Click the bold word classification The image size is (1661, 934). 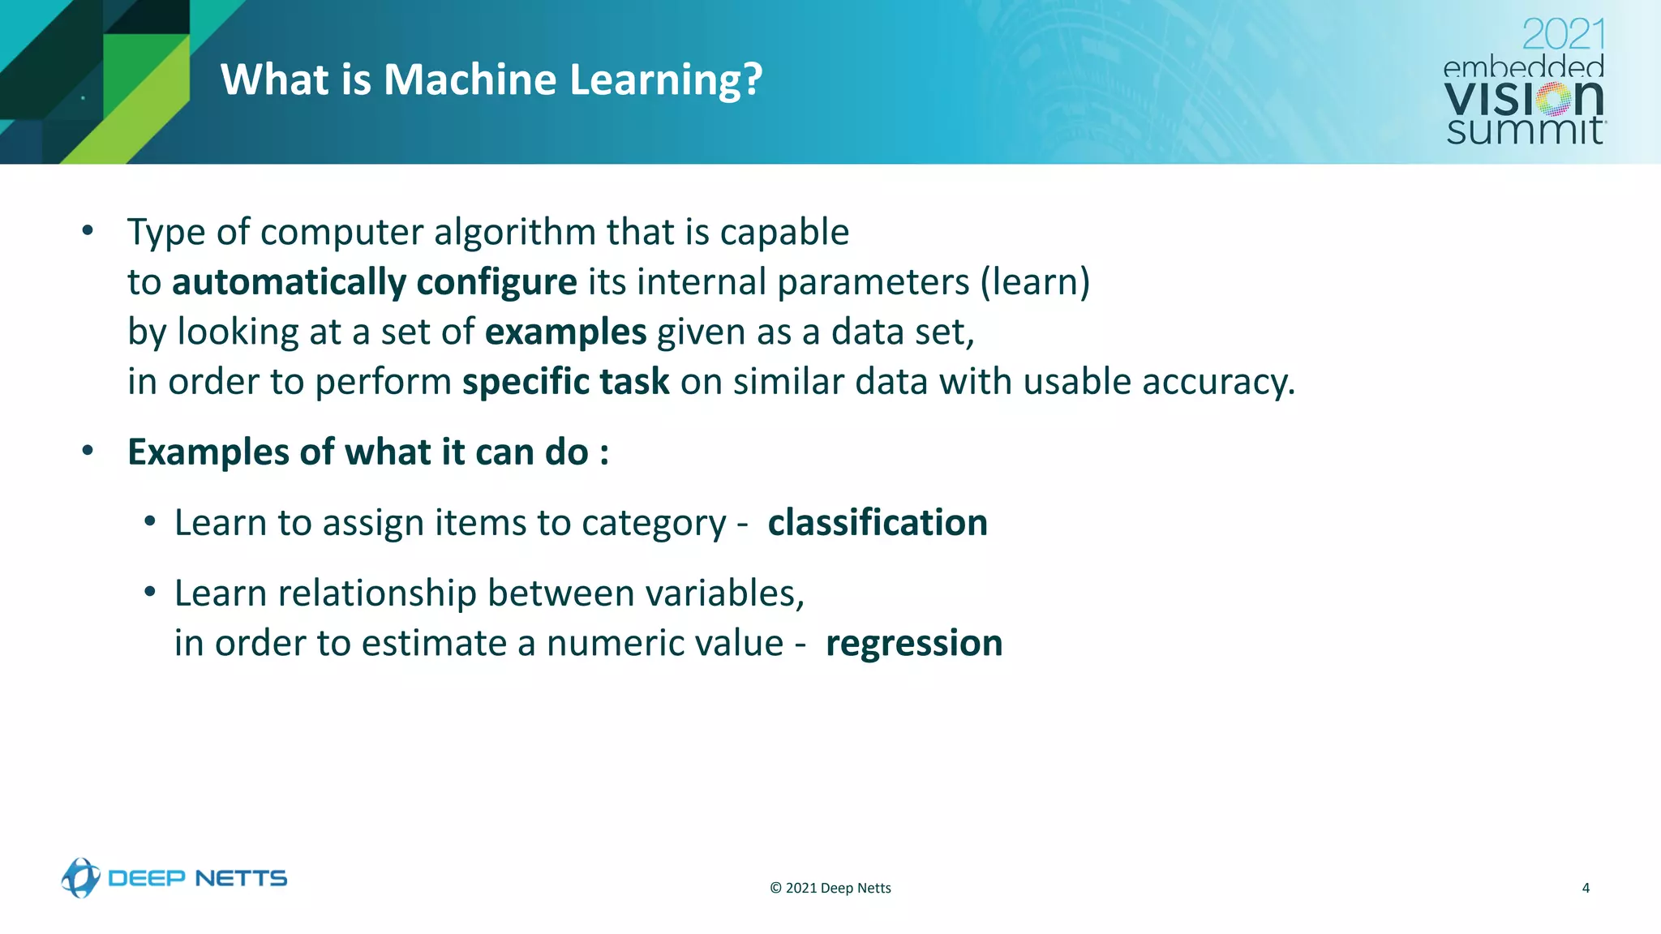[x=878, y=523]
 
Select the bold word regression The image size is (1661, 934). [x=914, y=644]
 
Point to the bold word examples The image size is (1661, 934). [x=565, y=332]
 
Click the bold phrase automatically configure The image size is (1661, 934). [x=374, y=282]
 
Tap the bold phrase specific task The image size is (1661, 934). [x=565, y=382]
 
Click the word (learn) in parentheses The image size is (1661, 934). [x=1035, y=282]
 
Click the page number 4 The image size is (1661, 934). [x=1586, y=888]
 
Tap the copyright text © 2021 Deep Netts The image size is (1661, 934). [x=830, y=888]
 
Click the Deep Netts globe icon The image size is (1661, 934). [x=80, y=878]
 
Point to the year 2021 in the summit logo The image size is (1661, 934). [x=1563, y=35]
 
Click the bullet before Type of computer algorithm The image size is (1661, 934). [x=88, y=231]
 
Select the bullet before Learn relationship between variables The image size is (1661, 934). [x=150, y=593]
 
